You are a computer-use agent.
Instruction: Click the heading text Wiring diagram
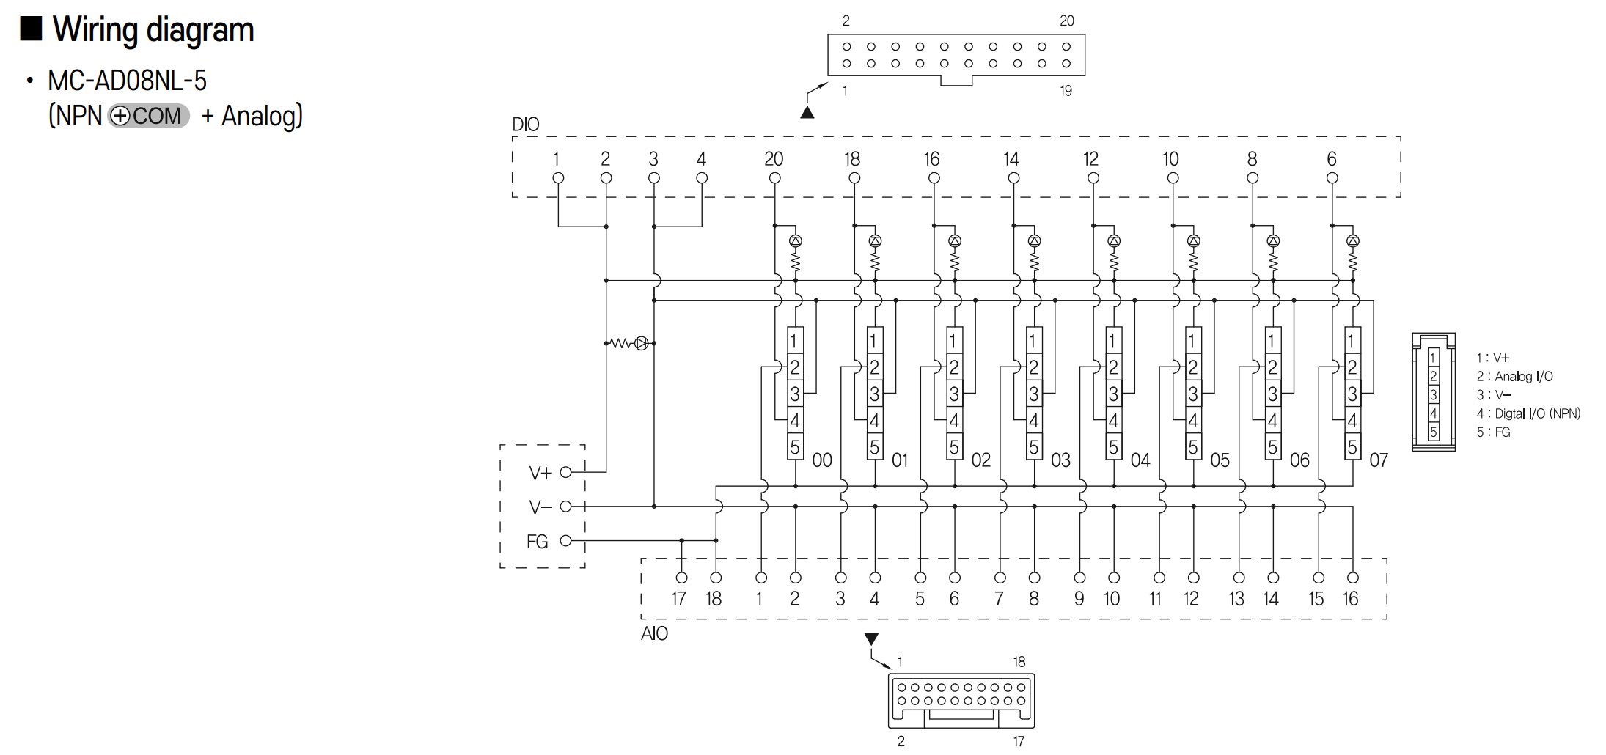153,30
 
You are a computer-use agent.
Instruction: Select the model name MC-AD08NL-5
127,81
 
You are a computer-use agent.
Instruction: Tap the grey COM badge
149,116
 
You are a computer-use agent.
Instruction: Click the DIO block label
526,125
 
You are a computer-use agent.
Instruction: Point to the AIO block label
655,633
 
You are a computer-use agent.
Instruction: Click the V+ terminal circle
565,473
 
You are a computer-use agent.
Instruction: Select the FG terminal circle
565,541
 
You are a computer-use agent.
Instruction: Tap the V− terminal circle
565,507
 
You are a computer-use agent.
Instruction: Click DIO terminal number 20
774,159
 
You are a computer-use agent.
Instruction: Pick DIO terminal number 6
1332,159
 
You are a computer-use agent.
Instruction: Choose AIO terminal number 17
679,599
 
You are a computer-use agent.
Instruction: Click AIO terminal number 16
1351,599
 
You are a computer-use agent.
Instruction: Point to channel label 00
822,460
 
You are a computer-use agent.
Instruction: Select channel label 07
1379,460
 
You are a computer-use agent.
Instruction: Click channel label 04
1140,460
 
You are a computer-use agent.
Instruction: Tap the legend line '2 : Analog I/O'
1514,377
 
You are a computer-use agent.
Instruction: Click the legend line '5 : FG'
1493,432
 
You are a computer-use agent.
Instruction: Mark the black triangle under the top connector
807,113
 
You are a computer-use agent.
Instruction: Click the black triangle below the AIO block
871,639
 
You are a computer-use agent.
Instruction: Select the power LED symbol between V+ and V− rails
642,343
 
